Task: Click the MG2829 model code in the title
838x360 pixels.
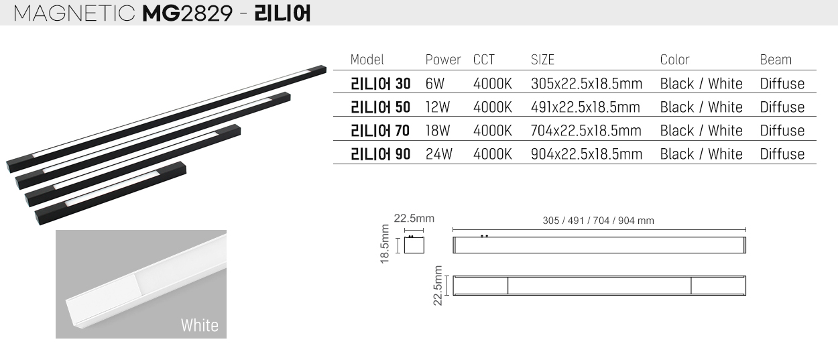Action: pos(188,13)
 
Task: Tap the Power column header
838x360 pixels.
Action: pos(443,60)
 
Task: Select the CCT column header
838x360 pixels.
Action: pos(484,60)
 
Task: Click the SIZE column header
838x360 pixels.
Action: pos(542,60)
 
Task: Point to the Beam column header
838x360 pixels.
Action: pos(776,60)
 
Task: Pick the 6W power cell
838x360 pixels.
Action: pos(434,83)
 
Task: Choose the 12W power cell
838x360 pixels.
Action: pos(437,107)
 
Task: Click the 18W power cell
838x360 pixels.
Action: pos(438,131)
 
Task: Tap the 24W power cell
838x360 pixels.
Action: pos(439,154)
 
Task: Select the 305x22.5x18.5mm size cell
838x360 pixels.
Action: pos(586,83)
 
